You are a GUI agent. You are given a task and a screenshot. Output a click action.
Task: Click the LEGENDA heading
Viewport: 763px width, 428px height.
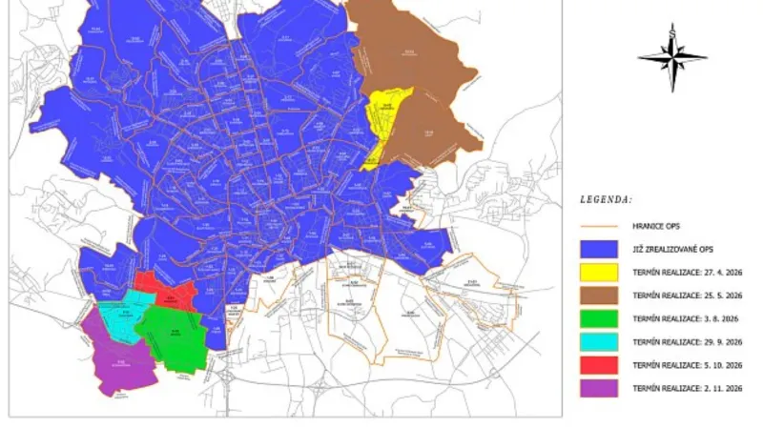pyautogui.click(x=606, y=200)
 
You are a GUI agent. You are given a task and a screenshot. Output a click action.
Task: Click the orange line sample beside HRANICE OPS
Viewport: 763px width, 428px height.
pyautogui.click(x=598, y=227)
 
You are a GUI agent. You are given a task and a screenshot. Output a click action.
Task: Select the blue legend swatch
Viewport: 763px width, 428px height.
pyautogui.click(x=598, y=250)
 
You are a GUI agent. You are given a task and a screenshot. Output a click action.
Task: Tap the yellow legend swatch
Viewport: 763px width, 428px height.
pyautogui.click(x=598, y=273)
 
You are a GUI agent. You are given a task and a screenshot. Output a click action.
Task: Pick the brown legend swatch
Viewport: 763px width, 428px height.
pyautogui.click(x=598, y=296)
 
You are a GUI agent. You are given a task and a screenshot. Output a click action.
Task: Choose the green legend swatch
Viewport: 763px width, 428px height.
pyautogui.click(x=598, y=318)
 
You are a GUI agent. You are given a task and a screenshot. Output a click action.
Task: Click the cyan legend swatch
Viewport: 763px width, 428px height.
pyautogui.click(x=598, y=341)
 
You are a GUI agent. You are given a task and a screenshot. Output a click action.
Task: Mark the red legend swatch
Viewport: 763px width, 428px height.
pyautogui.click(x=598, y=364)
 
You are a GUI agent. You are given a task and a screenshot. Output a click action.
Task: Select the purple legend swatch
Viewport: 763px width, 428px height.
pyautogui.click(x=598, y=388)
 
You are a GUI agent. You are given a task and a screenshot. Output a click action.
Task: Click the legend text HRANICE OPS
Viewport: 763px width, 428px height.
pyautogui.click(x=658, y=227)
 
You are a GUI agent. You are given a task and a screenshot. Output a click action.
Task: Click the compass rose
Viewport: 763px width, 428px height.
pyautogui.click(x=672, y=57)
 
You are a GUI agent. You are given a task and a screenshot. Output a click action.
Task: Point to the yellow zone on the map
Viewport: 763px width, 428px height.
pyautogui.click(x=386, y=119)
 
